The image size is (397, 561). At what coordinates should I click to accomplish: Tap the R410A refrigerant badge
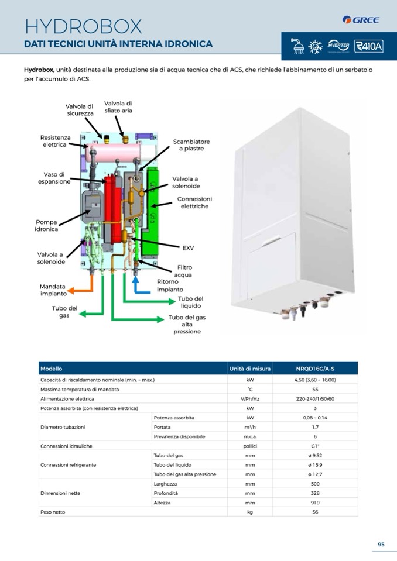coord(368,46)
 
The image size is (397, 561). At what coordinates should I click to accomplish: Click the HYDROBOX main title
coord(83,26)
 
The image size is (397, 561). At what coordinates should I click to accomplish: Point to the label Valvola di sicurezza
coord(80,109)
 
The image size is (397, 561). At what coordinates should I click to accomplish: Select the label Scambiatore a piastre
coord(191,145)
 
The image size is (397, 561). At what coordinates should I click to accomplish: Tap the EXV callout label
coord(188,248)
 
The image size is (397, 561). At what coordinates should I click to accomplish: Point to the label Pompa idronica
coord(47,226)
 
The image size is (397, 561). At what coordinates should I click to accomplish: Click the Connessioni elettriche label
coord(194,202)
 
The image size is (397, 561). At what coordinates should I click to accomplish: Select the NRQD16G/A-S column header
coord(315,369)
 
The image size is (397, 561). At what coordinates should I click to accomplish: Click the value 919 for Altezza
coord(315,503)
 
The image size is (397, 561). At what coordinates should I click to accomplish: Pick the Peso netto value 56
coord(315,512)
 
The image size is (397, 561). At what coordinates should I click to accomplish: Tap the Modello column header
coord(52,369)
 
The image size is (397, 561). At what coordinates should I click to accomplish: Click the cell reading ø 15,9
coord(315,464)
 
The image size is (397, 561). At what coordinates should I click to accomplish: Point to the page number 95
coord(381,545)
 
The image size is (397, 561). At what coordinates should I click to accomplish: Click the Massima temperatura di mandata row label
coord(80,389)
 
